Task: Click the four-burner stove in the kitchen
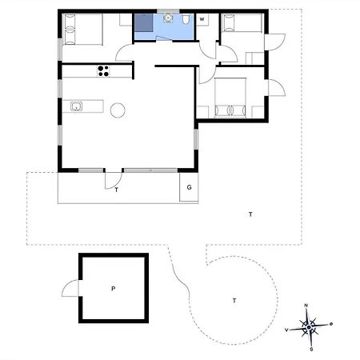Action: tap(103, 71)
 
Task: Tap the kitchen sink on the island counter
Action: tap(76, 106)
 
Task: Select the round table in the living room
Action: tap(118, 110)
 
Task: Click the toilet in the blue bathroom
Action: tap(186, 18)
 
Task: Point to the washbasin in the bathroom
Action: tap(168, 18)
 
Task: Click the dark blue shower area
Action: tap(144, 23)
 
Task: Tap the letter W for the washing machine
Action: tap(202, 19)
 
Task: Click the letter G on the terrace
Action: tap(189, 187)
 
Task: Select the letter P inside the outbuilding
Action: tap(114, 288)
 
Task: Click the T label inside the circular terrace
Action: tap(234, 301)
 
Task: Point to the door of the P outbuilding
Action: tap(70, 288)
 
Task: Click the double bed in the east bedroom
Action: tap(230, 98)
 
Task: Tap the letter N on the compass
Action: tap(306, 306)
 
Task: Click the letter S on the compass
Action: tap(311, 350)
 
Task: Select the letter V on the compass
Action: tap(286, 330)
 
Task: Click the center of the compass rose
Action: tap(309, 327)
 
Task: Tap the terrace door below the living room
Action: tap(114, 181)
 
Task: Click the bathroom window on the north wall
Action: tap(168, 11)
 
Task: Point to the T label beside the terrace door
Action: tap(117, 190)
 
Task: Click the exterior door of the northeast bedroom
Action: tap(275, 42)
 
